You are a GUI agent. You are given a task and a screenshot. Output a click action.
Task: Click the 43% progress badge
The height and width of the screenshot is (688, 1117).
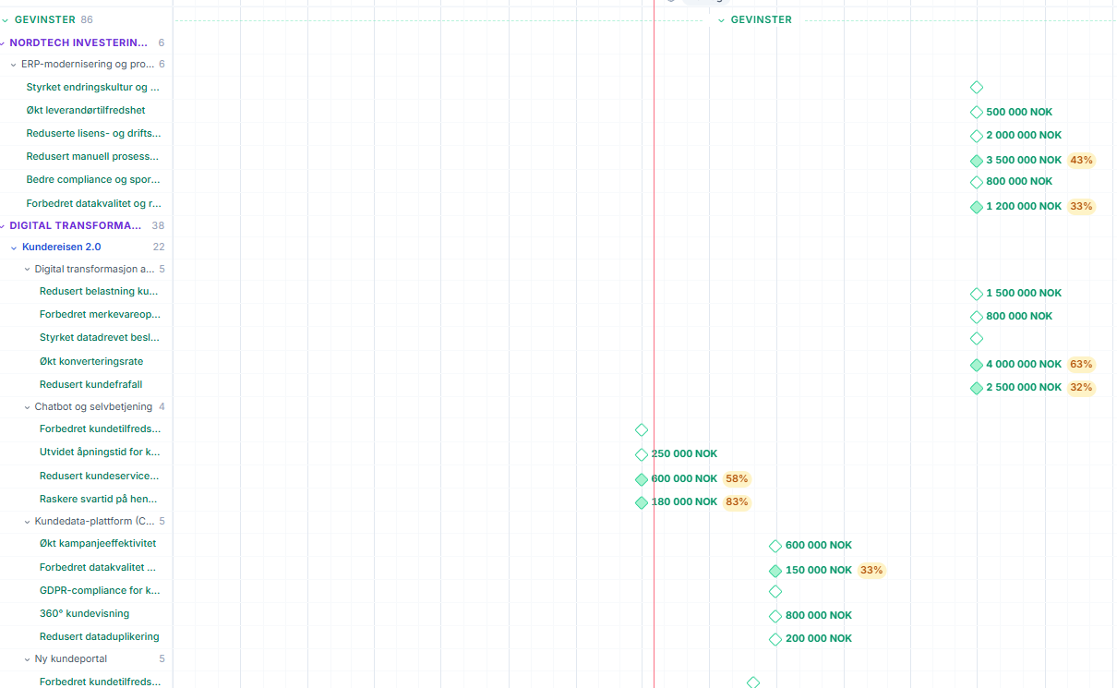1081,160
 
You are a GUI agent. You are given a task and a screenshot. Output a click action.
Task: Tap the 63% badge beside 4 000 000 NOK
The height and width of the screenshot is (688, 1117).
1081,364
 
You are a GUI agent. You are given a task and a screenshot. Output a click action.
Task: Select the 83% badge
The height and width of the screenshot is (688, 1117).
737,501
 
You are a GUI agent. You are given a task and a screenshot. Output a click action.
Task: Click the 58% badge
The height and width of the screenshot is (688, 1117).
737,479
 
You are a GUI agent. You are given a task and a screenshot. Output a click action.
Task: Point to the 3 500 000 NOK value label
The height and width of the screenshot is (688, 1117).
1024,160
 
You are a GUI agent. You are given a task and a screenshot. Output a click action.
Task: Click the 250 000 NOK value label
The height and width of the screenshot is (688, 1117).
684,454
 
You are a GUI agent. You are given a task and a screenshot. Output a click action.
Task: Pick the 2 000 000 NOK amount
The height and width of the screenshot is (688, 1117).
1024,135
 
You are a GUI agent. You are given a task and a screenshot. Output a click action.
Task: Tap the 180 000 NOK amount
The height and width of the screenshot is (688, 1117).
684,501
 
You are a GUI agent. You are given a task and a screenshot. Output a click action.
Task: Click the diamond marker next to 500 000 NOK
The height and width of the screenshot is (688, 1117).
977,113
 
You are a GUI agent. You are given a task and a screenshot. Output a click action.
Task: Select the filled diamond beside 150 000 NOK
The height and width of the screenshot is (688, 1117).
775,571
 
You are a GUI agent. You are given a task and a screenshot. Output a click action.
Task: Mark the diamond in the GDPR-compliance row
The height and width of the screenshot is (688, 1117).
775,592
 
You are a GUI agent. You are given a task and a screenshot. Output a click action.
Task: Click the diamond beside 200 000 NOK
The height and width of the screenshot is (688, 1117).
775,639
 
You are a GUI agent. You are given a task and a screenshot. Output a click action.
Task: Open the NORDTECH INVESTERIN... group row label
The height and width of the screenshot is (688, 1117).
78,42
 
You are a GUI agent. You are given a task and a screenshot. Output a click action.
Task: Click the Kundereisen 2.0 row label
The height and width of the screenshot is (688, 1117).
61,247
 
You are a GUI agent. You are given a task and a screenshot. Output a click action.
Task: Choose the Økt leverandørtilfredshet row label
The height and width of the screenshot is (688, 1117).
86,110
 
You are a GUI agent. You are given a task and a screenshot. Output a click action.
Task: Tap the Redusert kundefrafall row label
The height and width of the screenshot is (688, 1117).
90,385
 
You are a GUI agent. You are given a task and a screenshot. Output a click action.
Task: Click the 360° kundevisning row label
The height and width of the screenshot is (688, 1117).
84,614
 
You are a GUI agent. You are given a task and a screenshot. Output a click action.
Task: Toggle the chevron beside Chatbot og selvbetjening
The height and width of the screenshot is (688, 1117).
27,407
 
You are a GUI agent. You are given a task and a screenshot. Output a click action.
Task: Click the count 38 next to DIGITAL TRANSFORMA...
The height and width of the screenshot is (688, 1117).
158,225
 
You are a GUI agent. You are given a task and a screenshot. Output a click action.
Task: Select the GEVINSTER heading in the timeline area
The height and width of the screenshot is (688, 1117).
761,20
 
